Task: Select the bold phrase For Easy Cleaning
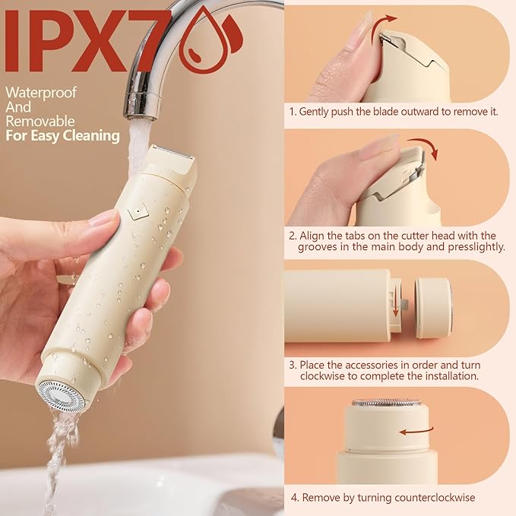pyautogui.click(x=62, y=136)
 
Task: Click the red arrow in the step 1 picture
pyautogui.click(x=388, y=21)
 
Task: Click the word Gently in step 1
pyautogui.click(x=316, y=112)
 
